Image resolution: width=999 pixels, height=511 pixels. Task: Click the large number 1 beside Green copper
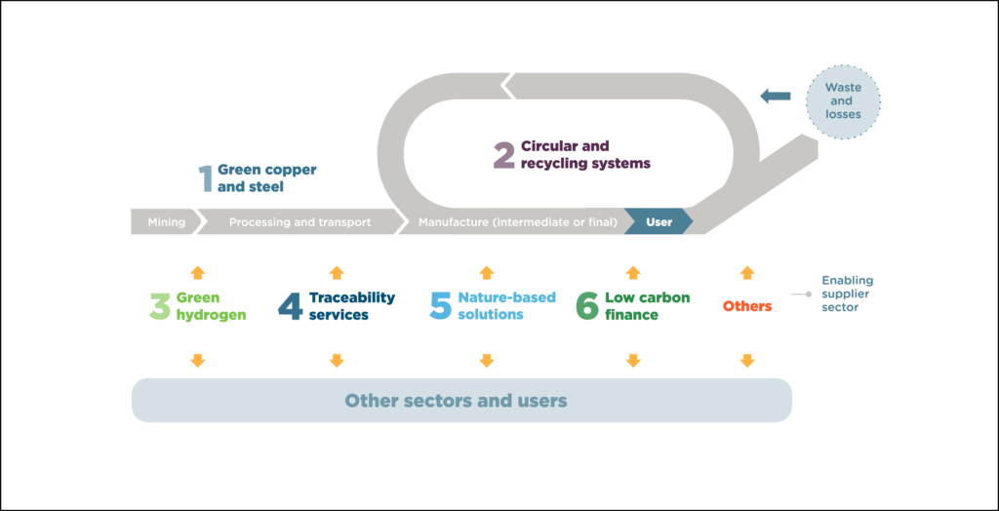[205, 178]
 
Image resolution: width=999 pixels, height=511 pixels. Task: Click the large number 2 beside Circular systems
[503, 156]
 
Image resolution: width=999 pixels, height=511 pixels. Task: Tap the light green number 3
[159, 306]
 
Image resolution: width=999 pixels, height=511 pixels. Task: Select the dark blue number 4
[290, 306]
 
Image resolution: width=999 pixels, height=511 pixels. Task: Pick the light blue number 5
[441, 306]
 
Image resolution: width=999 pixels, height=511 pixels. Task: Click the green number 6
[586, 306]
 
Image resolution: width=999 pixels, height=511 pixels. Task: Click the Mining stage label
[166, 222]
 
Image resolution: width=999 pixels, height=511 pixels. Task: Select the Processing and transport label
[300, 222]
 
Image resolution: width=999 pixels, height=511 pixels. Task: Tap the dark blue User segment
[659, 222]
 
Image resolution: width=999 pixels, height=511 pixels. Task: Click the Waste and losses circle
[842, 100]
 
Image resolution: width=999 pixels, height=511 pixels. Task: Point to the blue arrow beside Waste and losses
[776, 96]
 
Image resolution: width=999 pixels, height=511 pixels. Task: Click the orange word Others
[747, 306]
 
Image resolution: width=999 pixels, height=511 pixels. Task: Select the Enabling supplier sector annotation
[847, 293]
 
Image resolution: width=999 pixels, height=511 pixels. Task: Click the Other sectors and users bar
[460, 401]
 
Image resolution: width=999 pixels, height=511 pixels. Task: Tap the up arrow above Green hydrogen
[197, 272]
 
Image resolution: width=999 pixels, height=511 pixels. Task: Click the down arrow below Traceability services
[337, 361]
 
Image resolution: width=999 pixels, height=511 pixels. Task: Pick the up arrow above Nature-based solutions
[487, 272]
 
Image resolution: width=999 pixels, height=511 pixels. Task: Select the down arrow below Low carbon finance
[632, 361]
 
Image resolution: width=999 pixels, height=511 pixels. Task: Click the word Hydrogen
[211, 315]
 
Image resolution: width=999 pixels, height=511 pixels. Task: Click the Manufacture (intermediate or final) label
[518, 222]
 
